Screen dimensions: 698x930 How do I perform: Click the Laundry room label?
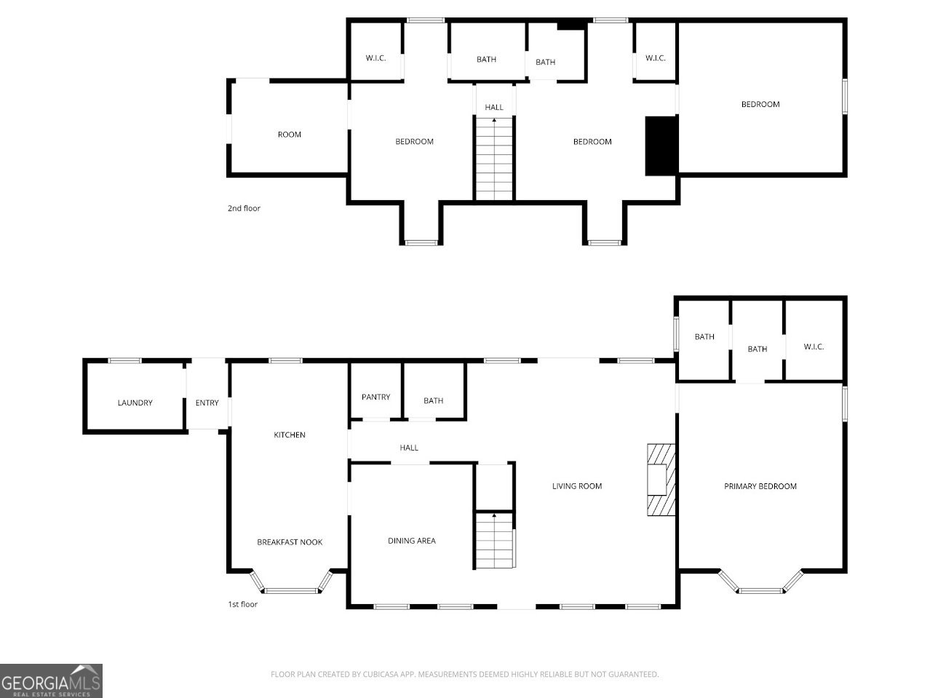pyautogui.click(x=135, y=402)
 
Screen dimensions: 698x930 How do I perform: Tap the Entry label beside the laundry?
pyautogui.click(x=207, y=402)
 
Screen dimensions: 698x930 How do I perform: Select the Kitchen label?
pyautogui.click(x=289, y=435)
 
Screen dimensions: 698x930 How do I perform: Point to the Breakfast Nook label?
pyautogui.click(x=290, y=542)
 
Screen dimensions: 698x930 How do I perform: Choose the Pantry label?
pyautogui.click(x=375, y=397)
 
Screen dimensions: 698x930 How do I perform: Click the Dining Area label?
pyautogui.click(x=411, y=541)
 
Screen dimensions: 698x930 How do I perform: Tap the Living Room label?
pyautogui.click(x=576, y=486)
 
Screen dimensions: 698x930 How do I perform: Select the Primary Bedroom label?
pyautogui.click(x=760, y=486)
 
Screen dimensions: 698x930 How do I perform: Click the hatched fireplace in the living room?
pyautogui.click(x=661, y=480)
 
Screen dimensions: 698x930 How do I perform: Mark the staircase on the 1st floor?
pyautogui.click(x=495, y=540)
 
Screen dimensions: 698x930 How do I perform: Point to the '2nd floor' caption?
pyautogui.click(x=244, y=208)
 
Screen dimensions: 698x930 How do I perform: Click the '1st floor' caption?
pyautogui.click(x=243, y=604)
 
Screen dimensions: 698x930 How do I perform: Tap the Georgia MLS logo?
pyautogui.click(x=51, y=681)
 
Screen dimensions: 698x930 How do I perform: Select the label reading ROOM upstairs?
pyautogui.click(x=289, y=135)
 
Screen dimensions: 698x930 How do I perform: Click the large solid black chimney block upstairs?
pyautogui.click(x=661, y=146)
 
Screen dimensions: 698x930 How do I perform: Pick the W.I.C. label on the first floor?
pyautogui.click(x=814, y=346)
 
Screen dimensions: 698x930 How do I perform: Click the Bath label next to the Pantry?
pyautogui.click(x=433, y=401)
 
